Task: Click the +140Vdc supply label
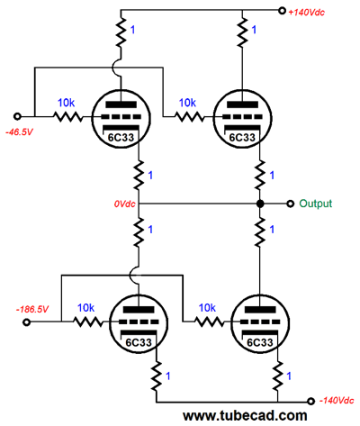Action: coord(306,13)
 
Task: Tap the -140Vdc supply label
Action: coord(337,401)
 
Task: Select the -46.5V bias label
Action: coord(19,131)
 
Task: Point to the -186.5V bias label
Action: coord(32,309)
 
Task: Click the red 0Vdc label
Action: coord(124,204)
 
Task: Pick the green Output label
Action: coord(316,204)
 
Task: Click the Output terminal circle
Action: coord(290,204)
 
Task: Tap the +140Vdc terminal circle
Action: coord(282,11)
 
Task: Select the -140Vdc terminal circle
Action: coord(311,401)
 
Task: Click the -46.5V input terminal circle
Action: coord(18,116)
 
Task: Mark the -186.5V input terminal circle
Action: coord(27,322)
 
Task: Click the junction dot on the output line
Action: coord(260,204)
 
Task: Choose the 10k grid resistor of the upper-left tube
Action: coord(68,116)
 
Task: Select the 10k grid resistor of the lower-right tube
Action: coord(210,322)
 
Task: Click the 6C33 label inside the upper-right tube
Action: coord(242,138)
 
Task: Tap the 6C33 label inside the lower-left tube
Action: coord(139,342)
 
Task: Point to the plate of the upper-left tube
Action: coord(121,104)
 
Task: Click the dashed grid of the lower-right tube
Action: coord(260,322)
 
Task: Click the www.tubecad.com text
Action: coord(245,416)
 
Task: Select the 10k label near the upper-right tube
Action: coord(187,103)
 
